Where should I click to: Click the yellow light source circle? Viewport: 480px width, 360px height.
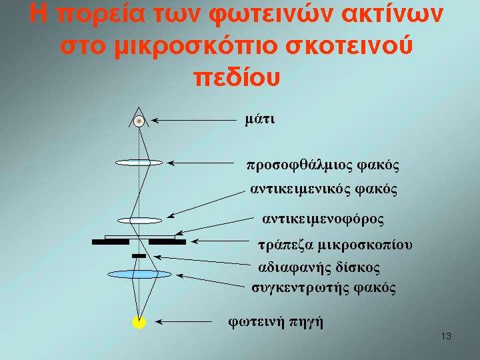click(139, 322)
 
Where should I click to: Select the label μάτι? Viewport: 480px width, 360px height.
click(260, 119)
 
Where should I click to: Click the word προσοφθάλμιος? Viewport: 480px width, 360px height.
click(300, 165)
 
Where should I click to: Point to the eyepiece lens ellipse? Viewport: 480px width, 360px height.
click(139, 163)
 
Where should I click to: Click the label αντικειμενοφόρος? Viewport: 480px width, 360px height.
click(323, 219)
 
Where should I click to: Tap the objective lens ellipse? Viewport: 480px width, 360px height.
click(139, 221)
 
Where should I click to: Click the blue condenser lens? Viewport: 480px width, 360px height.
click(139, 274)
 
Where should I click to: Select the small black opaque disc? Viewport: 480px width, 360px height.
click(139, 256)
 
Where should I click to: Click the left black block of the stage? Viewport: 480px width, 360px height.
click(111, 242)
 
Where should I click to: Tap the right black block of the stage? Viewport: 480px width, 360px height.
click(167, 242)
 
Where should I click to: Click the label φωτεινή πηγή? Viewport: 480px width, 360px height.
click(276, 322)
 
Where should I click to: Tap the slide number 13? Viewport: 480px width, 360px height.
click(446, 337)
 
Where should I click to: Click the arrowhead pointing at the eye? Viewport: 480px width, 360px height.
click(155, 121)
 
